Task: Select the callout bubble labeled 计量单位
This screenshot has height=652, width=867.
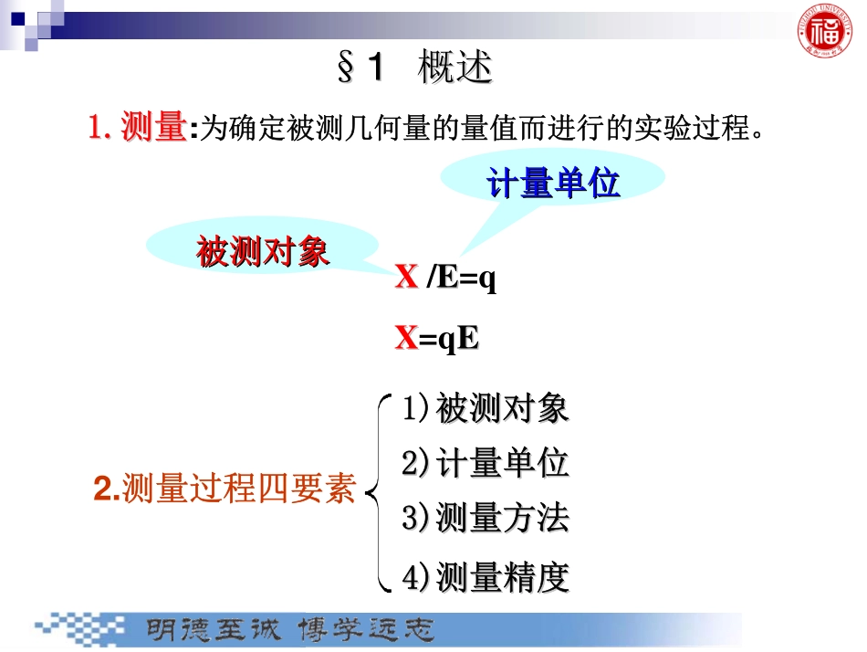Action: [552, 184]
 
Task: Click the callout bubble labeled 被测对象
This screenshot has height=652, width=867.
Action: [263, 252]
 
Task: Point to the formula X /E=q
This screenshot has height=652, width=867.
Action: [445, 278]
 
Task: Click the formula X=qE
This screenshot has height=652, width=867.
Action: [437, 339]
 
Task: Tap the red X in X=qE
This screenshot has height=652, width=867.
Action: [405, 339]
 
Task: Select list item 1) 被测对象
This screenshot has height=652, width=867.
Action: [486, 408]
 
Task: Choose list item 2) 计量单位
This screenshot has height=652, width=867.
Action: [486, 463]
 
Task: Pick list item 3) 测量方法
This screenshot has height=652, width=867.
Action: [486, 519]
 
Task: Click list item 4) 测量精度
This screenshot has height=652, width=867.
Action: [486, 576]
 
